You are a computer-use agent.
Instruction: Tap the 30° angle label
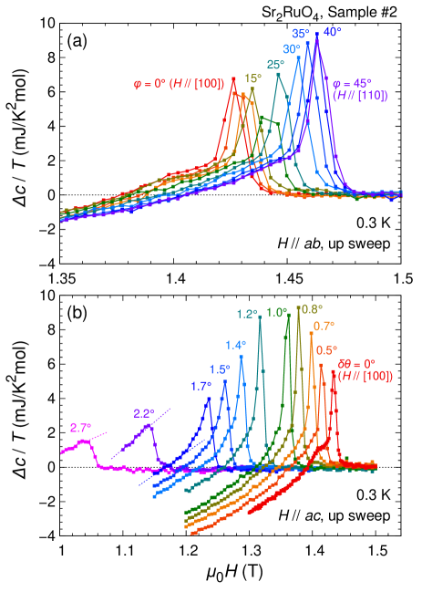click(x=292, y=48)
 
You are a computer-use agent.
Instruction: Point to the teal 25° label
click(x=275, y=64)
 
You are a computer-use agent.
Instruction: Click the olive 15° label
click(x=252, y=78)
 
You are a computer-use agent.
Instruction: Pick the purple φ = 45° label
click(x=349, y=81)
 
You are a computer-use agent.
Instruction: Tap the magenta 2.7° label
click(x=78, y=427)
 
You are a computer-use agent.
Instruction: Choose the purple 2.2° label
click(x=144, y=413)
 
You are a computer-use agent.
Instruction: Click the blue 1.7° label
click(x=201, y=386)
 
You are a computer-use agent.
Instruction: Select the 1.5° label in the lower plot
click(x=219, y=369)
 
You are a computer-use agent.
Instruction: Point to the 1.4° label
click(x=236, y=345)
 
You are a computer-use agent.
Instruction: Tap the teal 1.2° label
click(x=247, y=314)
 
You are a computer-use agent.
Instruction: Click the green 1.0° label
click(x=277, y=312)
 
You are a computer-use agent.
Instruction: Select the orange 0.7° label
click(x=324, y=326)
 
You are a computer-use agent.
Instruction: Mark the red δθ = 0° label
click(x=356, y=364)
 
